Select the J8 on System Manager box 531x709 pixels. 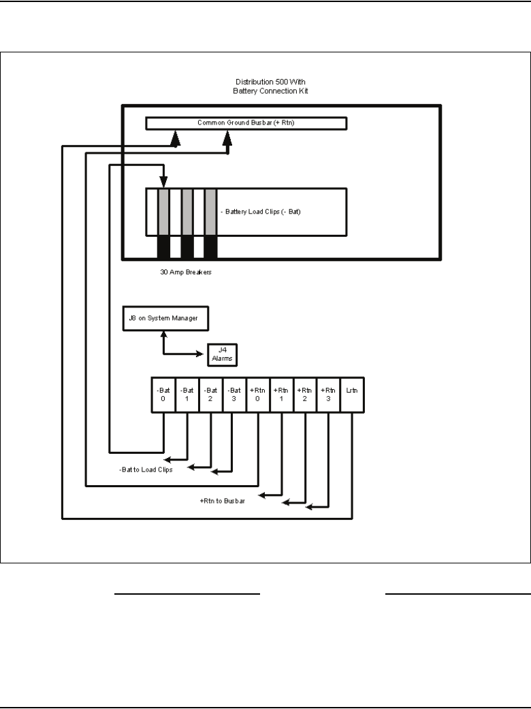coord(165,318)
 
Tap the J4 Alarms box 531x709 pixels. coord(223,354)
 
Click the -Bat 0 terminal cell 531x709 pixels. coord(163,395)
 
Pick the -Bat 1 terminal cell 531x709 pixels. coord(187,395)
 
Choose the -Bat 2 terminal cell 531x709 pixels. coord(210,395)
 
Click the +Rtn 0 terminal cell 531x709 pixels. coord(258,395)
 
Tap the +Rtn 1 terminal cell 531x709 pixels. coord(281,395)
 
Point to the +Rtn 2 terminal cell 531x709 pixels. coord(305,395)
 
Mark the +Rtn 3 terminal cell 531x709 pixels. coord(329,395)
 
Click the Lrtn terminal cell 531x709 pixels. coord(353,395)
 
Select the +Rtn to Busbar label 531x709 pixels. coord(223,501)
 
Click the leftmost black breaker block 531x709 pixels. coord(163,247)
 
